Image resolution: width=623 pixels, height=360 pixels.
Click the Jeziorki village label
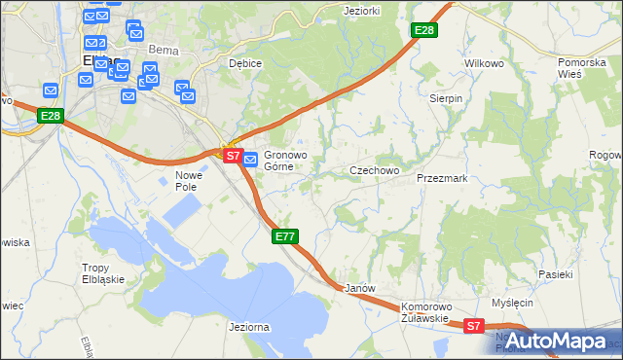tap(360, 11)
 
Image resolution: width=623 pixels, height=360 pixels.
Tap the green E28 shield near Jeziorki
tap(423, 31)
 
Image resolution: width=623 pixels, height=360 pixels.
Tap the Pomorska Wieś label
tap(582, 68)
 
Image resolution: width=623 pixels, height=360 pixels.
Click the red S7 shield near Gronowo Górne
tap(232, 155)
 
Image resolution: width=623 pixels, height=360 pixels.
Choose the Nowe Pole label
tap(186, 181)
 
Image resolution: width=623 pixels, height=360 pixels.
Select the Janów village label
tap(360, 289)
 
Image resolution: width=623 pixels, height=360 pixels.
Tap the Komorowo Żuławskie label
tap(423, 311)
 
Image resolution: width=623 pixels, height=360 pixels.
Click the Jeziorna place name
tap(247, 327)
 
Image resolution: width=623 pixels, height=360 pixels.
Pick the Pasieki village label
tap(556, 274)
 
